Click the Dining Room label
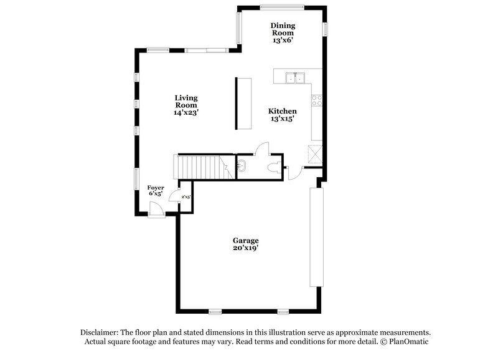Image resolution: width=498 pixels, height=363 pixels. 283,29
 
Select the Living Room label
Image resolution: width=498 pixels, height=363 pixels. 186,102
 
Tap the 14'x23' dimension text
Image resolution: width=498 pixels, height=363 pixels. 186,113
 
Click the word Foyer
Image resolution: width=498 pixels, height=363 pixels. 156,187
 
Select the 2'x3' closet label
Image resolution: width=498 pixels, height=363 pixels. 186,197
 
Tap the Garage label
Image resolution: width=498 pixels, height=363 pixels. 245,240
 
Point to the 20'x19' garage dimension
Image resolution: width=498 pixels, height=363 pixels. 245,248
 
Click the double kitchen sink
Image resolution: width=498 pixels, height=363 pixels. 294,78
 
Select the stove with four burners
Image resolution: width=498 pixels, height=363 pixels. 317,100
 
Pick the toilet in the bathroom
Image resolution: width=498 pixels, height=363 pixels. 272,167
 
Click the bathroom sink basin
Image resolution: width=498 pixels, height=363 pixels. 242,167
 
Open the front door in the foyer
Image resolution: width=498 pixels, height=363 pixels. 157,212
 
